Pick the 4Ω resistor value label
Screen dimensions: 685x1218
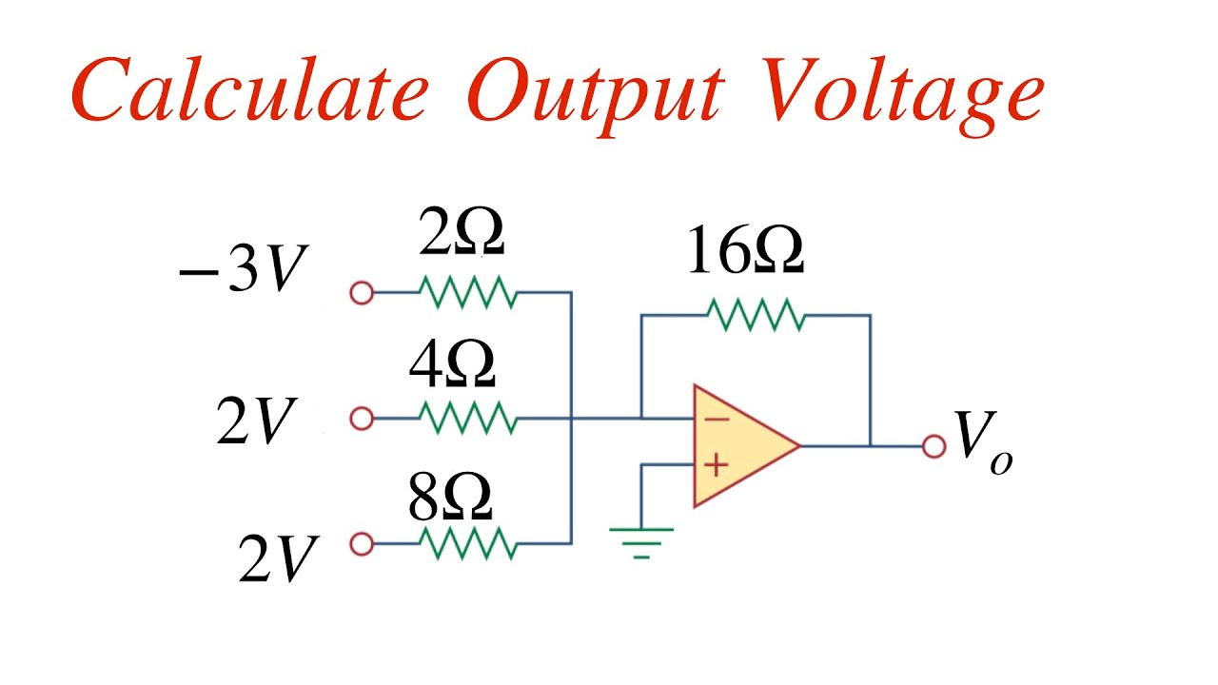point(452,367)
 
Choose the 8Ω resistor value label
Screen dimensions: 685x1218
point(451,498)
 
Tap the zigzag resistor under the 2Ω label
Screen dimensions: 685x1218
point(467,294)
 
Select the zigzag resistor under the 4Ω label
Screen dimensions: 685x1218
point(467,418)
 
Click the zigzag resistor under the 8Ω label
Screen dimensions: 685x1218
point(467,544)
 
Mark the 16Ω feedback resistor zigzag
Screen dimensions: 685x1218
point(756,315)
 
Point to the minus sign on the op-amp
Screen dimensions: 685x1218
point(717,420)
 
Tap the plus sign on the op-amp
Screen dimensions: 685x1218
point(717,465)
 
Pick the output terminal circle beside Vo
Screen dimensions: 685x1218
point(934,445)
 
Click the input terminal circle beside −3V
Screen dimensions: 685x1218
point(362,294)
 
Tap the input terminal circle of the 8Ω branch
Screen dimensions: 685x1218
point(362,544)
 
